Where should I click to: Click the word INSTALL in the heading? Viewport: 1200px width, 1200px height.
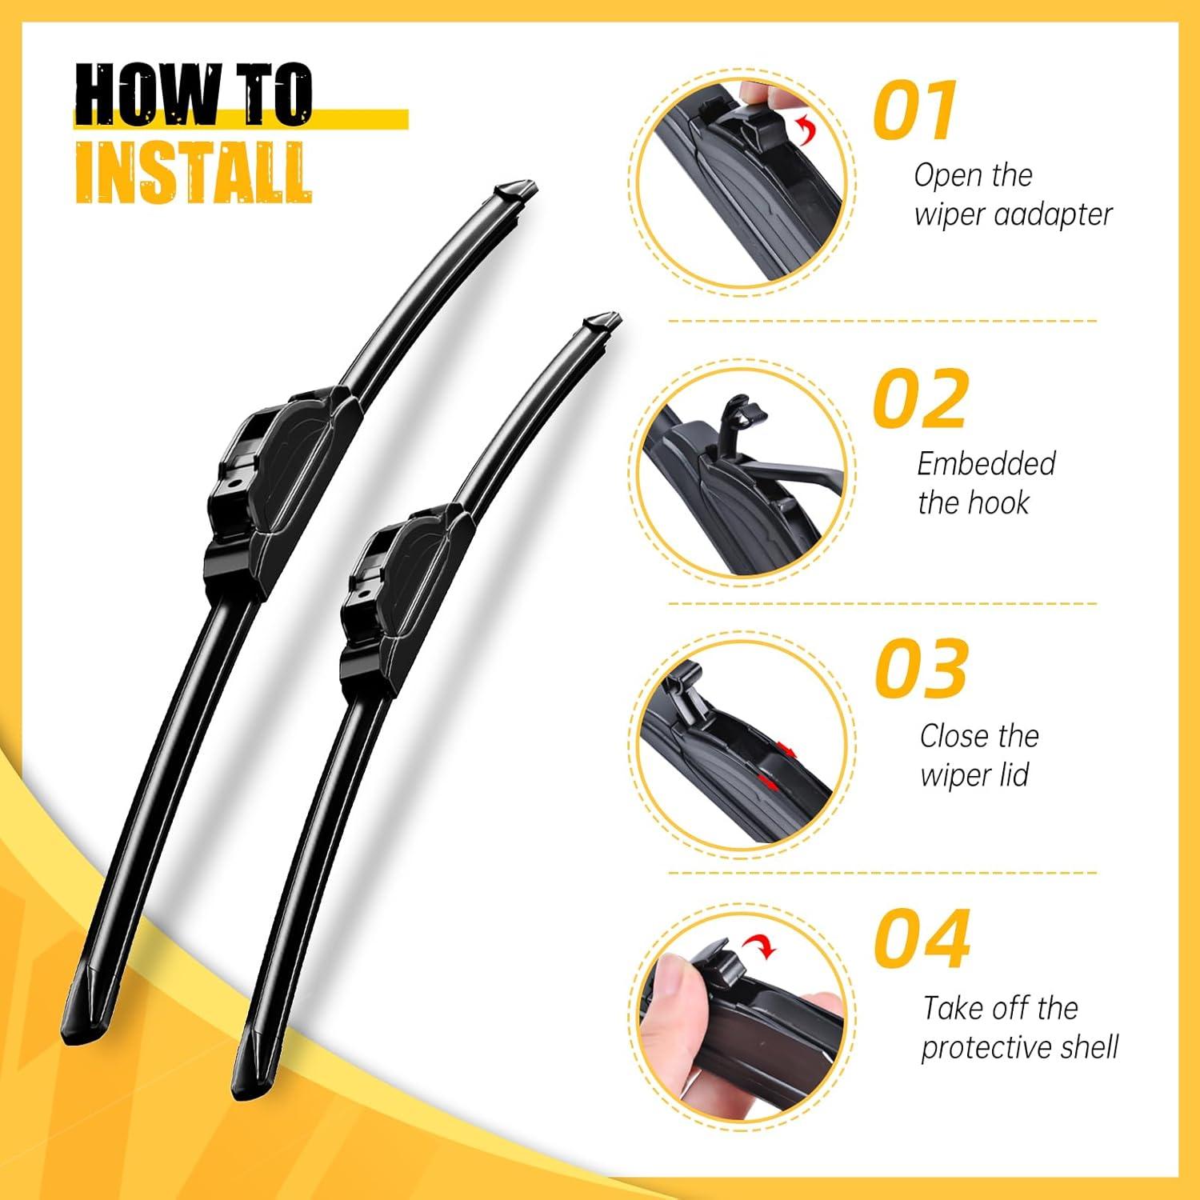tap(193, 171)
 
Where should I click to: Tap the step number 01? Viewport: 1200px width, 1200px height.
tap(914, 110)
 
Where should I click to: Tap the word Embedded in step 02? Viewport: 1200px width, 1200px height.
tap(986, 463)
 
